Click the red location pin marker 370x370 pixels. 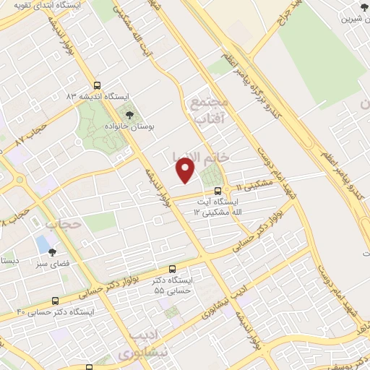[x=186, y=171]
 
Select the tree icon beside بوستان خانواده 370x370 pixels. [x=129, y=114]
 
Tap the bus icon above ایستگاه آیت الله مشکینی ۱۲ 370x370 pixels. [x=218, y=192]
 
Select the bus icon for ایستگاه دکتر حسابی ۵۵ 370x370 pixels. [x=171, y=269]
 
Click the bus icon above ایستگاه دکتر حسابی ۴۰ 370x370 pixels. [x=55, y=301]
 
